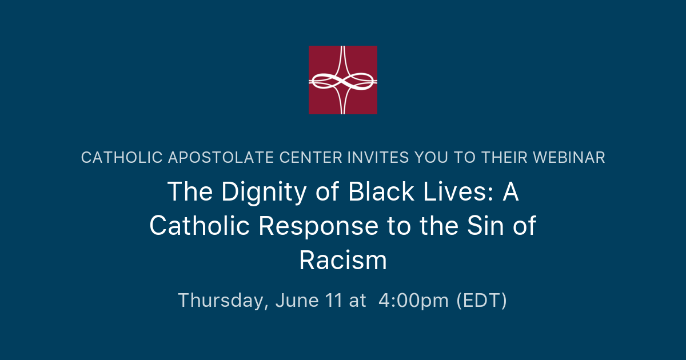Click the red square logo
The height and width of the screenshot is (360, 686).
tap(343, 80)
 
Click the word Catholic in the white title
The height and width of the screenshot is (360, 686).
tap(200, 226)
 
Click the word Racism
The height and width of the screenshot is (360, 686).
tap(343, 261)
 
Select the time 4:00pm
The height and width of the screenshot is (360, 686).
tap(413, 301)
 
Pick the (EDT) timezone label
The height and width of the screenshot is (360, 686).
tap(481, 301)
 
